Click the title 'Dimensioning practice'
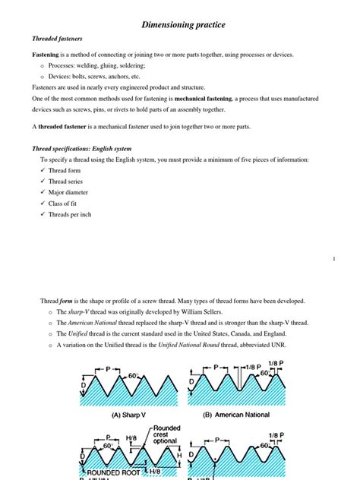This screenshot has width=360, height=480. [183, 25]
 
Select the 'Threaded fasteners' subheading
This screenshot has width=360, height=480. [58, 39]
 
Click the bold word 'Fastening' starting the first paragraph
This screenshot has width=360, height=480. [46, 55]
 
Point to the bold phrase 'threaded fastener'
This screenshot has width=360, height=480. [63, 126]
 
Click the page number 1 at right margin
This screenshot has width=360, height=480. [333, 260]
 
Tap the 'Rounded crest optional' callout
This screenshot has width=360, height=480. [166, 435]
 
